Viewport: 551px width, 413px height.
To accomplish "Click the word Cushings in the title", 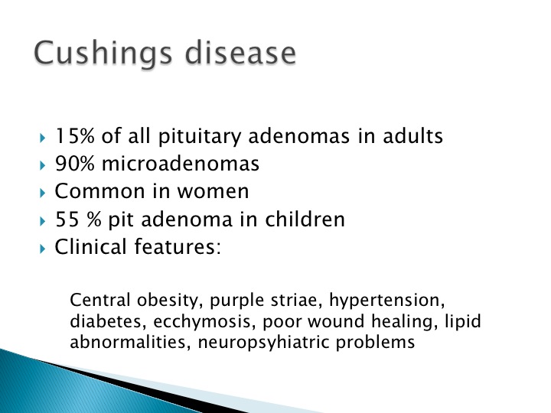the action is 103,54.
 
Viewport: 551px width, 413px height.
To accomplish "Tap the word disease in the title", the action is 240,53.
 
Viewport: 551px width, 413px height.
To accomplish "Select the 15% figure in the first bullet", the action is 74,135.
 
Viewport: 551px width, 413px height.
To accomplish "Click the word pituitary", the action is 199,136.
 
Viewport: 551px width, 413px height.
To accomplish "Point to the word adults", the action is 412,135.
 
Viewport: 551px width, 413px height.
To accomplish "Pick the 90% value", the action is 74,164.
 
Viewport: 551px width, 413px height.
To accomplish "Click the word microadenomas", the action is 181,164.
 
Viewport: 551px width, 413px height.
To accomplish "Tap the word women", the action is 213,191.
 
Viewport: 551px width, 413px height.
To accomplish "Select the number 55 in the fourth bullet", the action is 67,220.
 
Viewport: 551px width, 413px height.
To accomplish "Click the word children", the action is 305,219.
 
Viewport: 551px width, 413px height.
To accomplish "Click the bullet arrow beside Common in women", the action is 43,193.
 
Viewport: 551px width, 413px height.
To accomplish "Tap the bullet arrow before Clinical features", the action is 43,249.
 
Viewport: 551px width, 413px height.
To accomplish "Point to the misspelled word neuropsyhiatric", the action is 263,343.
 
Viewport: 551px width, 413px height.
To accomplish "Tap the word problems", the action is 375,343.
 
